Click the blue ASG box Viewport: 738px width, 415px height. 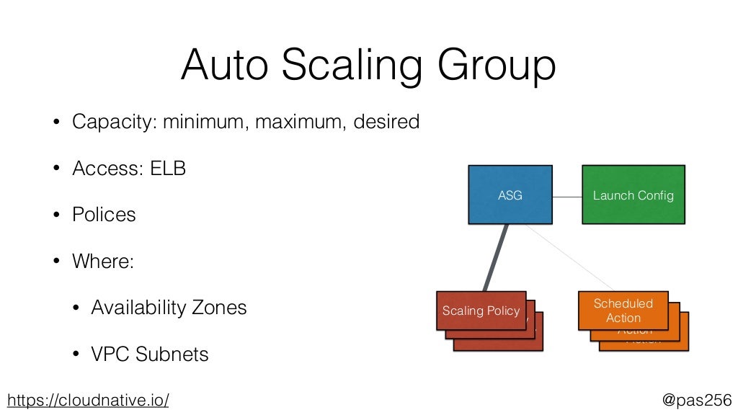click(510, 195)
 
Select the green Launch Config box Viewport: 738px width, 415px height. click(633, 195)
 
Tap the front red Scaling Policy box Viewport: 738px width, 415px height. click(481, 311)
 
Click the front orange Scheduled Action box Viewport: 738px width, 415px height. click(623, 311)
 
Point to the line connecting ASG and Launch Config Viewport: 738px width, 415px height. click(567, 197)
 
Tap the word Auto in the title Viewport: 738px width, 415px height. click(224, 66)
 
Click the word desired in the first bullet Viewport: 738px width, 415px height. click(386, 122)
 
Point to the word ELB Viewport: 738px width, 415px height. click(168, 169)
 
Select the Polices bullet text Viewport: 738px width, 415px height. click(104, 215)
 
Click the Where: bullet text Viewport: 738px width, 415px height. click(103, 261)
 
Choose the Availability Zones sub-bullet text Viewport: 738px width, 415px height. click(169, 308)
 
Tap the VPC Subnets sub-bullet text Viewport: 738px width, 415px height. click(150, 354)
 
